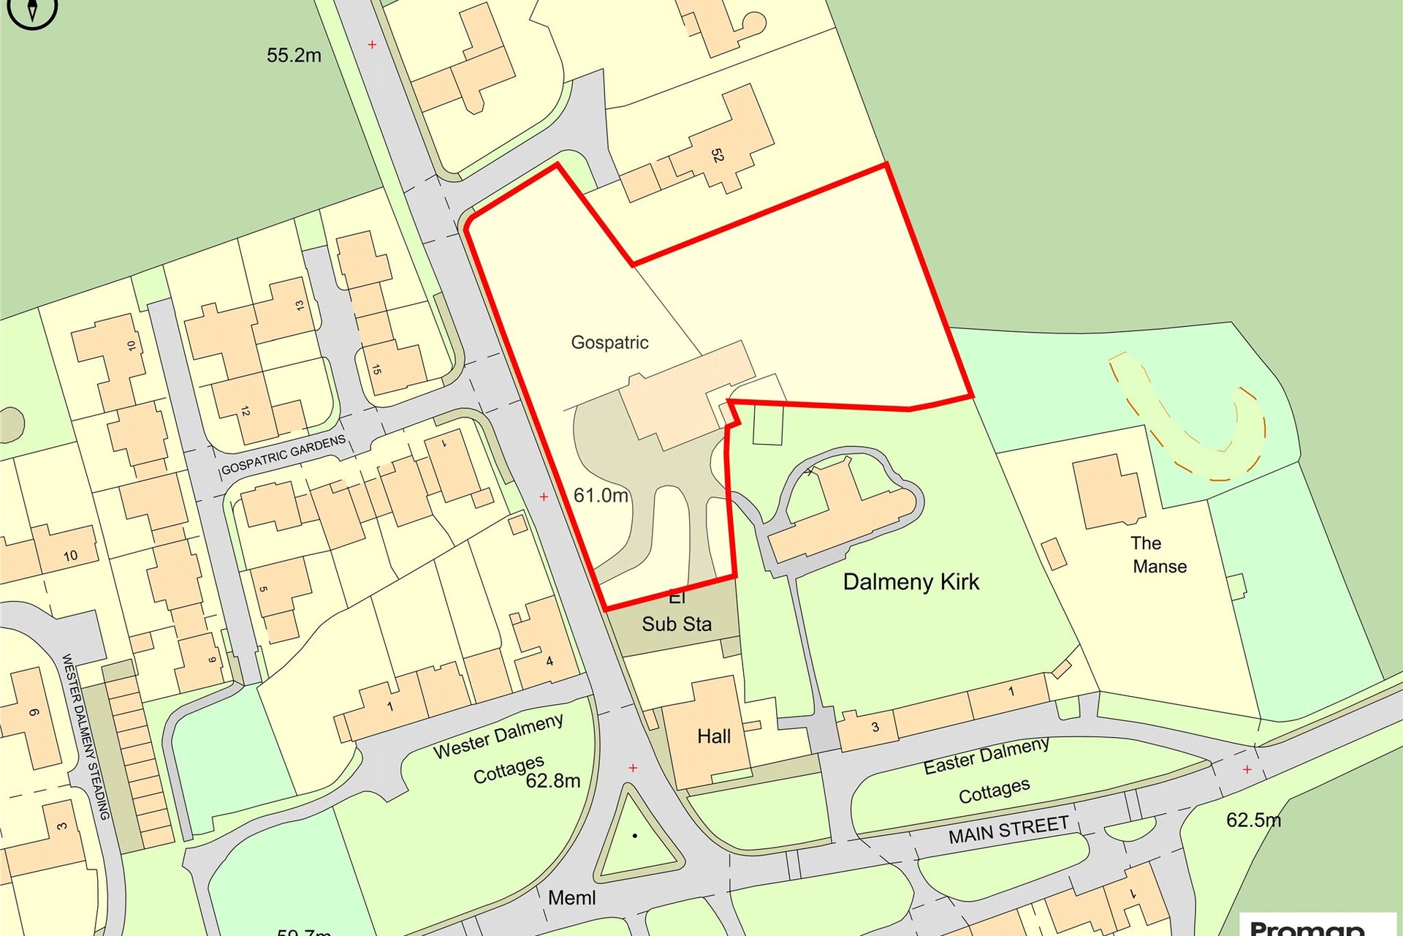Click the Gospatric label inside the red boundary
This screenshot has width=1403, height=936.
pos(609,342)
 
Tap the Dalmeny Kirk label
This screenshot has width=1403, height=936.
pos(910,582)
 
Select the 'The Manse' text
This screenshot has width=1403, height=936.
pos(1158,554)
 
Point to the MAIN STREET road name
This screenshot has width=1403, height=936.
pos(1008,830)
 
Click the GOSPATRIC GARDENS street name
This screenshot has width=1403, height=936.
pos(283,455)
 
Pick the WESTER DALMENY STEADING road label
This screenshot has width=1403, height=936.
pos(86,736)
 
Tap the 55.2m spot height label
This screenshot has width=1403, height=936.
pos(294,56)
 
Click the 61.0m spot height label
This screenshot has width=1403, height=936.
pos(601,496)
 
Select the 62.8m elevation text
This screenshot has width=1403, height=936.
pos(553,781)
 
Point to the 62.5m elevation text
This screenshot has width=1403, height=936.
pos(1253,820)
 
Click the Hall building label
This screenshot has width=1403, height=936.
pos(713,736)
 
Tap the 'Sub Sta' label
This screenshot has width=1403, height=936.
pos(677,624)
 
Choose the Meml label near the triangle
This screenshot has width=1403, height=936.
pos(571,897)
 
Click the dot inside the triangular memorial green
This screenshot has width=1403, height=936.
pos(635,835)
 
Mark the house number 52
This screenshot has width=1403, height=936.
pos(717,156)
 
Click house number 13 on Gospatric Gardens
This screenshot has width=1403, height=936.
pos(300,305)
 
